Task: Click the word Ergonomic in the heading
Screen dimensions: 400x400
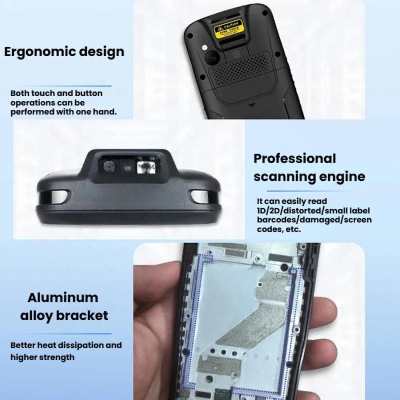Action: click(x=35, y=52)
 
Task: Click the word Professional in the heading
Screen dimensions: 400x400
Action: click(x=295, y=158)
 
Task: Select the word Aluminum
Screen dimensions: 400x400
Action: click(x=63, y=298)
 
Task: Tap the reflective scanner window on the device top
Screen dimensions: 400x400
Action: click(x=145, y=167)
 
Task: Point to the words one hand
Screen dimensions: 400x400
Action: click(x=97, y=111)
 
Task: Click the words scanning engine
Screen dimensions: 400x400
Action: click(x=309, y=177)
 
